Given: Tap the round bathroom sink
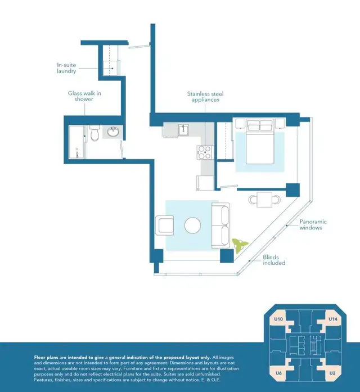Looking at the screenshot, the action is tap(113, 132).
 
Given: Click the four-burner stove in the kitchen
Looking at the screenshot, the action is tap(205, 152).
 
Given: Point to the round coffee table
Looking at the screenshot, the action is tap(192, 226).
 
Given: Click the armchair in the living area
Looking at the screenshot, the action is tap(164, 226).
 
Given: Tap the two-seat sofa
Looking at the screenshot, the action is tap(220, 226).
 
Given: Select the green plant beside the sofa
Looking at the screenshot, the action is tap(239, 245).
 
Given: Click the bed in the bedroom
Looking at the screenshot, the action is tap(260, 142).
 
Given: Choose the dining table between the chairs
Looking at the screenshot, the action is tap(264, 200).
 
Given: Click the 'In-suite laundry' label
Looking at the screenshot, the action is tap(66, 68).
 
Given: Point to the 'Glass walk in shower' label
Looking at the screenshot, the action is tap(84, 96).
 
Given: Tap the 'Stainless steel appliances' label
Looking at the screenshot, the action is tap(205, 97).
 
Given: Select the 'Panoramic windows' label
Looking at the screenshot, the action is tap(313, 224).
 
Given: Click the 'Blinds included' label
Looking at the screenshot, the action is tap(274, 260).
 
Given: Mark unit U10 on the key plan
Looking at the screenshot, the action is tap(278, 319).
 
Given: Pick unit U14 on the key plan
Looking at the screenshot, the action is tap(332, 319).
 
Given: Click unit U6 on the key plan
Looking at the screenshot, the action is tap(278, 373).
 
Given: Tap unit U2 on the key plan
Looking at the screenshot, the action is tap(332, 373).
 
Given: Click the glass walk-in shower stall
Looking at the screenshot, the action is tap(76, 142).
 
